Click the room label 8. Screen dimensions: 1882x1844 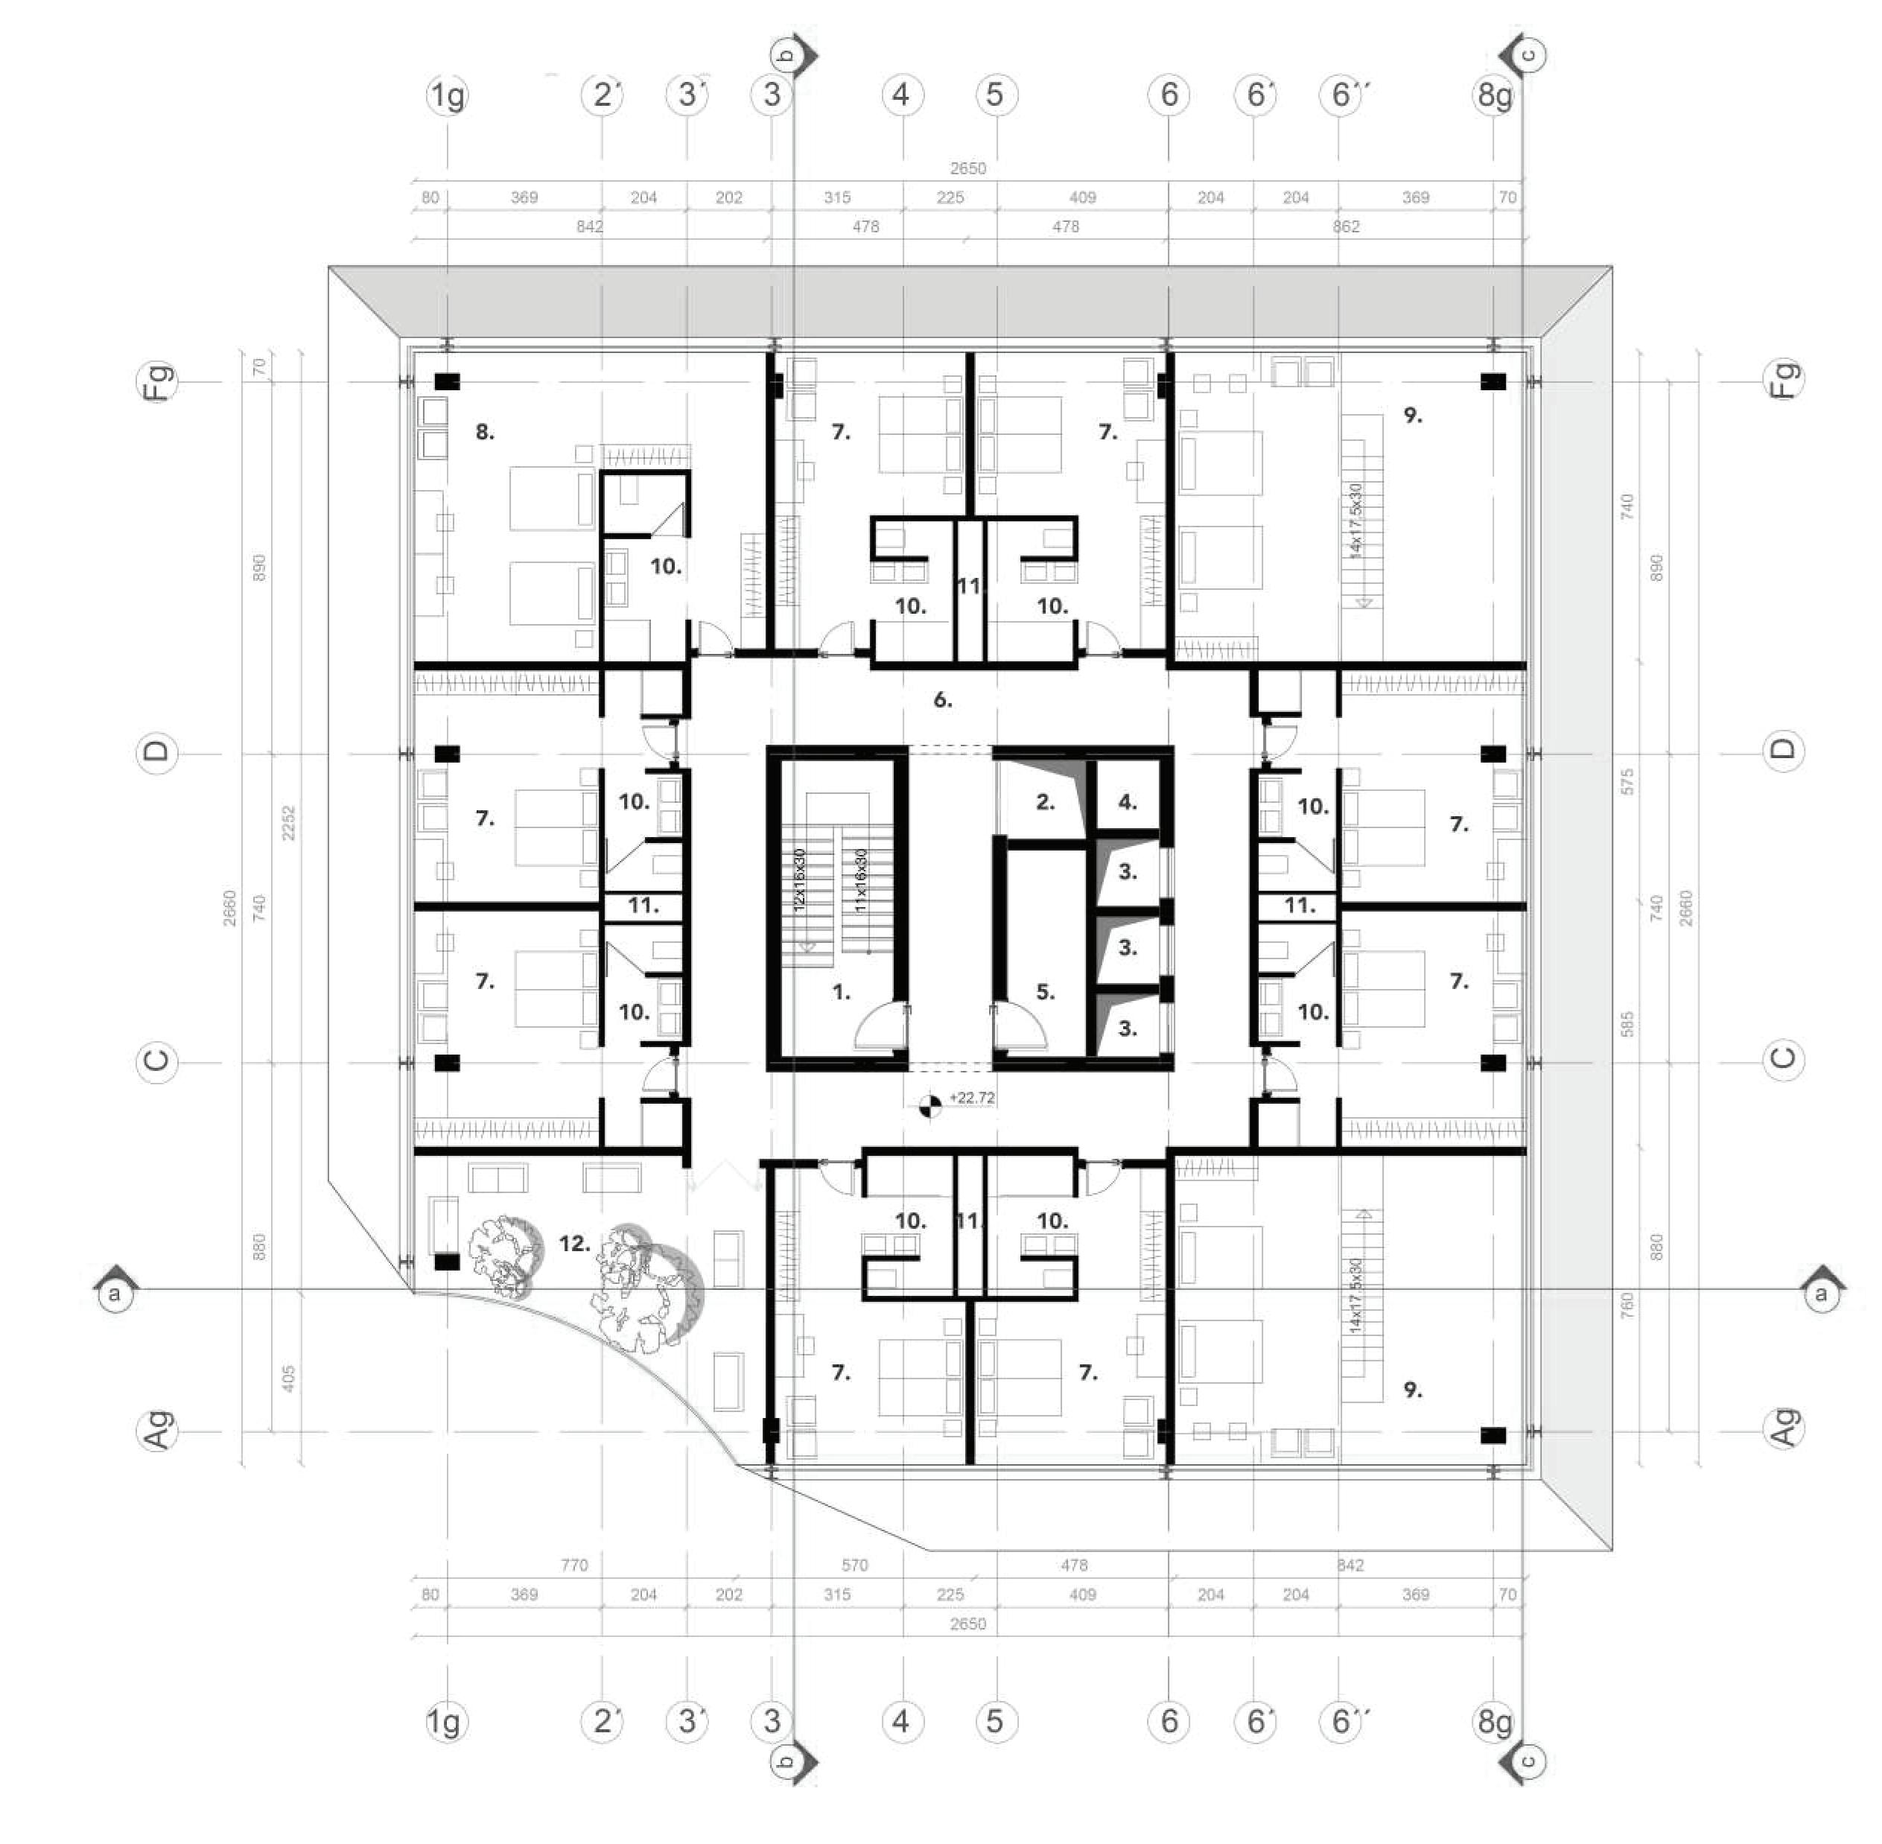484,433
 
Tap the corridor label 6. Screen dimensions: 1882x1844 942,699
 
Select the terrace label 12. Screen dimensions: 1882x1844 574,1244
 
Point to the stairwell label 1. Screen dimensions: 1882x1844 842,992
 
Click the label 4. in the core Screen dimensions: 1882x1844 1128,802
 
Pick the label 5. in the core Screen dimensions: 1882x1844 1045,992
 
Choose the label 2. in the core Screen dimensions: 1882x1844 1045,802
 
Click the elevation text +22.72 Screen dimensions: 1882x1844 971,1099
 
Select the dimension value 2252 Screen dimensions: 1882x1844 287,822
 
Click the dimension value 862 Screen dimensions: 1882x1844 1345,226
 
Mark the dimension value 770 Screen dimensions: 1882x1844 574,1565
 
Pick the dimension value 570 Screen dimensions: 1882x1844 854,1565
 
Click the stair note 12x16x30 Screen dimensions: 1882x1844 800,880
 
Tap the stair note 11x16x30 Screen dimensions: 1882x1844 861,880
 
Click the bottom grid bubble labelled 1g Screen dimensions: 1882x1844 445,1722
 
